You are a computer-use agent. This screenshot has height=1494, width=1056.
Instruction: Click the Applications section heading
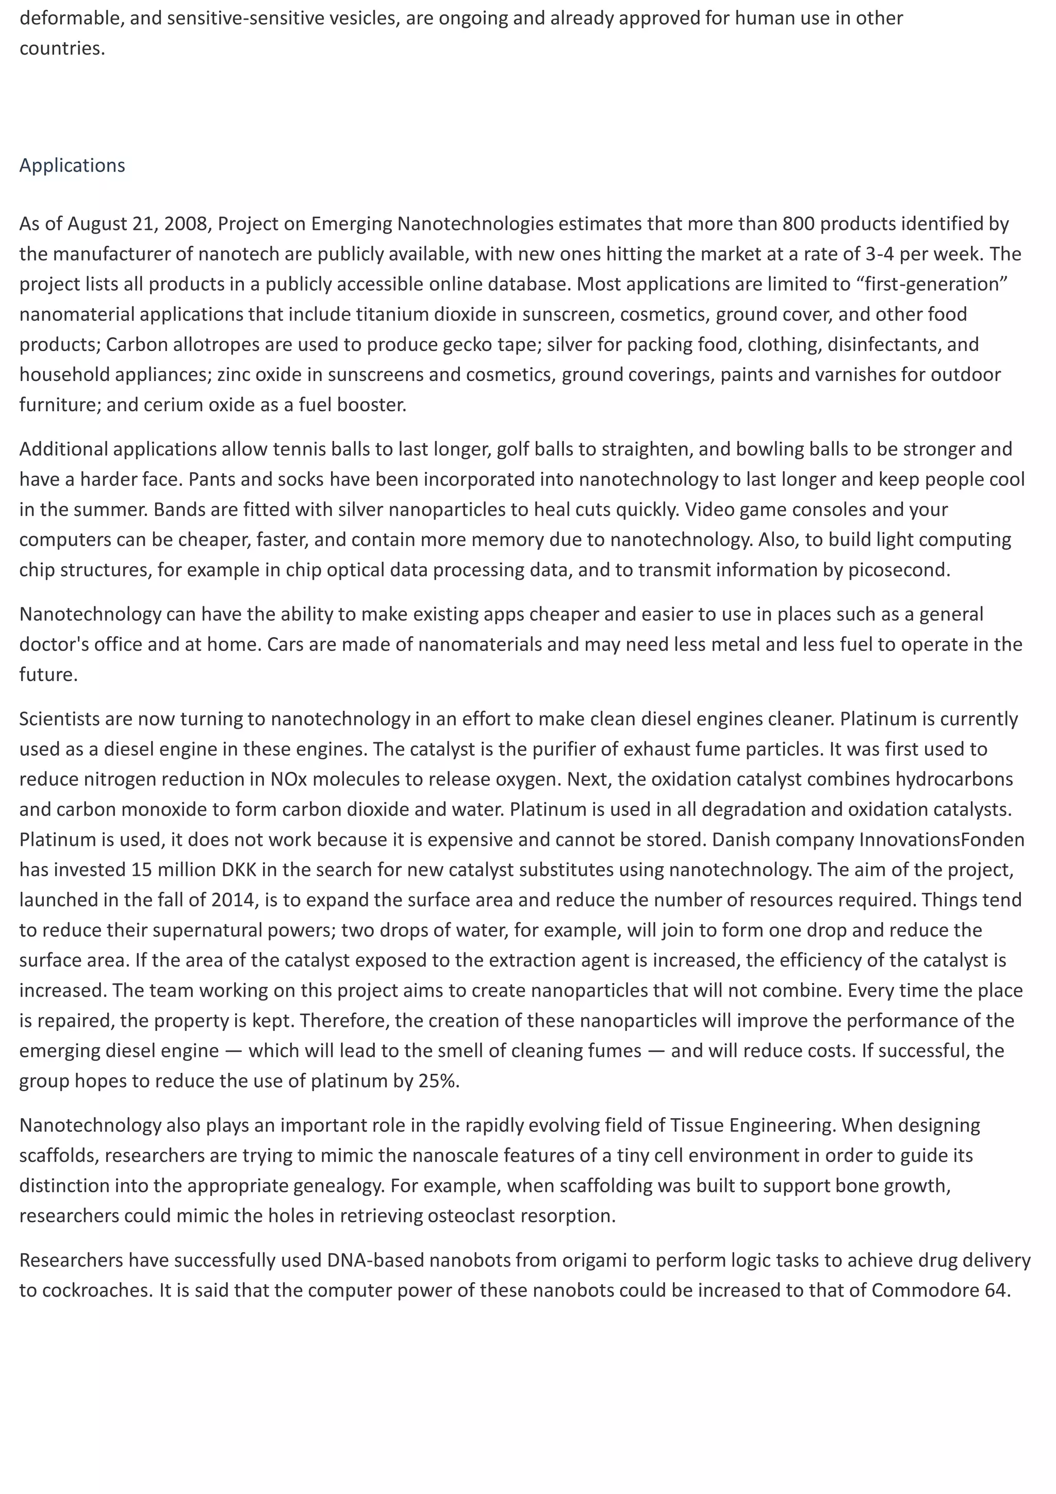pyautogui.click(x=72, y=165)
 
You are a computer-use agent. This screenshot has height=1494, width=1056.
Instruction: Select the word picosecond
pyautogui.click(x=898, y=570)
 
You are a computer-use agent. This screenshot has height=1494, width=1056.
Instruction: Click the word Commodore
pyautogui.click(x=922, y=1290)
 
